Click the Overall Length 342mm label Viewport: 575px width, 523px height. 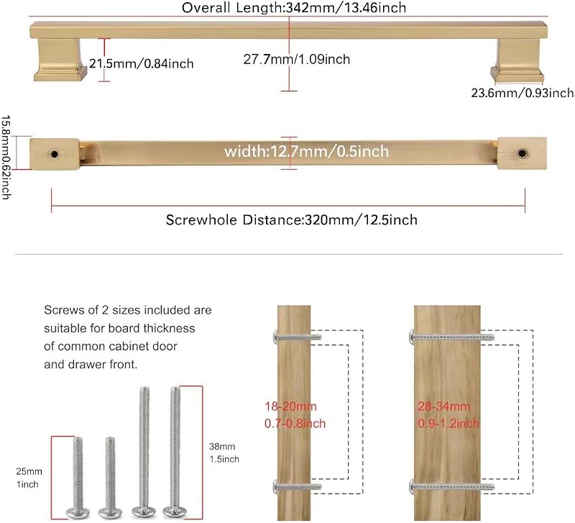(x=294, y=8)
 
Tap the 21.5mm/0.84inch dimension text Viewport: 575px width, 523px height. (x=142, y=63)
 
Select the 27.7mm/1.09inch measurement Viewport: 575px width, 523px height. (x=297, y=59)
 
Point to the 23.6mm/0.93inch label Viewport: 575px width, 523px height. (x=523, y=93)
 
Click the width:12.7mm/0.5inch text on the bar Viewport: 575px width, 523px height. (x=307, y=151)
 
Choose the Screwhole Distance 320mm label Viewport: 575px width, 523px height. (x=292, y=220)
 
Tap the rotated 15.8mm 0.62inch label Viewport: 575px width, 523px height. (x=6, y=158)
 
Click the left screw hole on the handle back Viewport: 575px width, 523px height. (x=55, y=154)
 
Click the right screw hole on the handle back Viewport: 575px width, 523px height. (x=522, y=153)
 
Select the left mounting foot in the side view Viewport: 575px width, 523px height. (x=60, y=60)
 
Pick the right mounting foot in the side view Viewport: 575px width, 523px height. (x=517, y=61)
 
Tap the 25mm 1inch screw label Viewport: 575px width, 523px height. (x=29, y=478)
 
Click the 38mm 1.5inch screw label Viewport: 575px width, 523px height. (x=224, y=453)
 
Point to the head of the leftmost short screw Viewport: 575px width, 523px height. (x=78, y=512)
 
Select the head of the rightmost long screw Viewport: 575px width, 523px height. (x=175, y=511)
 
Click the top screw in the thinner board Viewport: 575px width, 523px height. (x=298, y=337)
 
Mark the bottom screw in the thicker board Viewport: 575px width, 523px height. (x=451, y=487)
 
